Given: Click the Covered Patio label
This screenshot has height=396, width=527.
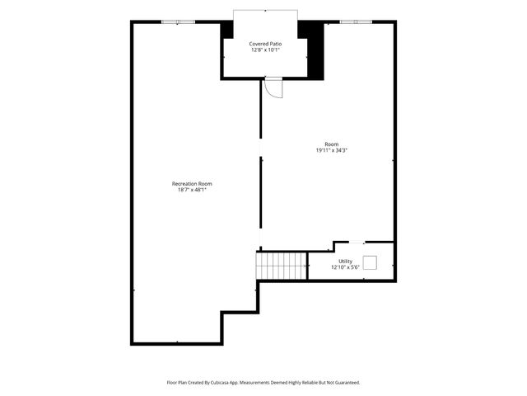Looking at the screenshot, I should click(x=266, y=43).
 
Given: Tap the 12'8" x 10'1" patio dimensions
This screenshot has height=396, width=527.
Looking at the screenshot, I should click(x=266, y=49).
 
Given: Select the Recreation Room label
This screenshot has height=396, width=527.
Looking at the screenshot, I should click(x=192, y=183).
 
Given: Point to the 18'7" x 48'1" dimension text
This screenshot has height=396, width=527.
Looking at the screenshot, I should click(x=192, y=190).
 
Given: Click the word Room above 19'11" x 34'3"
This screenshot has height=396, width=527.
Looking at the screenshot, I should click(x=331, y=144).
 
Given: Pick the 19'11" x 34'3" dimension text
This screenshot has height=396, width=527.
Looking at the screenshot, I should click(x=331, y=150).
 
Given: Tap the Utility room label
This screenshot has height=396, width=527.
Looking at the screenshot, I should click(x=345, y=261).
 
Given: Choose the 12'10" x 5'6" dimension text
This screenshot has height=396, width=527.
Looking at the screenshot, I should click(x=345, y=267).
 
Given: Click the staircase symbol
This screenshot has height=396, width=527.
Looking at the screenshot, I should click(x=282, y=266).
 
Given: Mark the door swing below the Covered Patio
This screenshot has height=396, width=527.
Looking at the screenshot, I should click(x=274, y=88).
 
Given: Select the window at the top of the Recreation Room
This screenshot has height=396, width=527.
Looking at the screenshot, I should click(x=178, y=21).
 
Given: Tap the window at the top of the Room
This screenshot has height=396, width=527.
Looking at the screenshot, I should click(x=356, y=21).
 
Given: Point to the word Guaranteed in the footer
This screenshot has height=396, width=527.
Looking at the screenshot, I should click(x=345, y=383).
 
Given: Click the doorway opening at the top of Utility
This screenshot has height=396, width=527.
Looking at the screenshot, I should click(x=349, y=243).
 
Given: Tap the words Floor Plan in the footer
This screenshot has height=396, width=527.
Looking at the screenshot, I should click(x=178, y=383).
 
